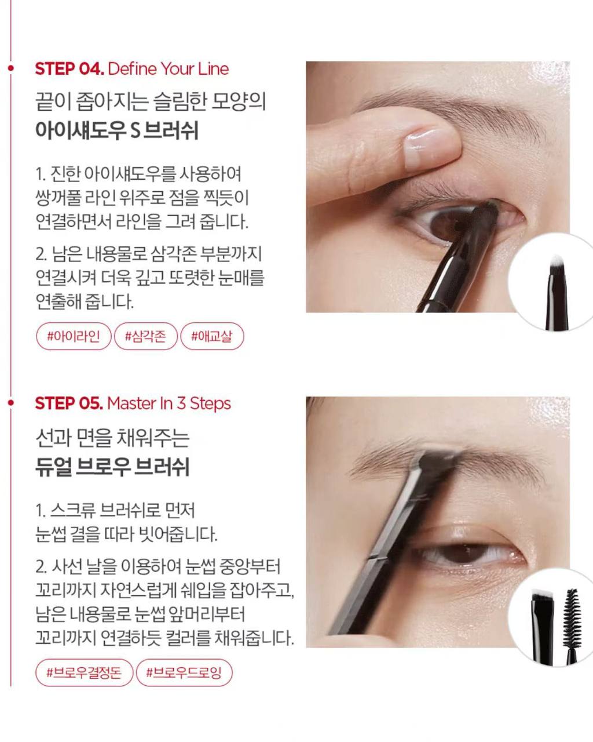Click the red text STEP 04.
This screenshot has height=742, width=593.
[x=69, y=68]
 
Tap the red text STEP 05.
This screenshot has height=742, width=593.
[x=69, y=403]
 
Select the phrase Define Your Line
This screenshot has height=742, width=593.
[x=169, y=68]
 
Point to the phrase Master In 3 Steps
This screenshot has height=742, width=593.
[x=169, y=403]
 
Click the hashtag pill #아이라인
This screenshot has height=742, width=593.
[x=74, y=336]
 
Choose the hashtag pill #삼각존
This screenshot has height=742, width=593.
[x=146, y=336]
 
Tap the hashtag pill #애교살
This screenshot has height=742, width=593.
[x=213, y=336]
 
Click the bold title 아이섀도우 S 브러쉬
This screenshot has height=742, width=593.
[x=117, y=130]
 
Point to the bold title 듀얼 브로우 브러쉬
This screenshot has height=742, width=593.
[x=113, y=467]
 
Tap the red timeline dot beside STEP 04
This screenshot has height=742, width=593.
[x=11, y=68]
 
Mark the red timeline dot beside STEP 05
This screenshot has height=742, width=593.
[x=11, y=403]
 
